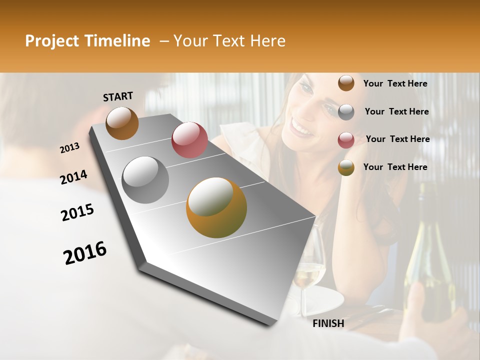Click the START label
(118, 96)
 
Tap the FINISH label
(328, 323)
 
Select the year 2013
(69, 148)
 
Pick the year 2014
(73, 177)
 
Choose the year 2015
(77, 212)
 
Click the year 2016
(84, 252)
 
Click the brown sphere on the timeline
(122, 123)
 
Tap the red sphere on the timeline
(189, 140)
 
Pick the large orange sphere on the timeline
(216, 207)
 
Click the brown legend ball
(346, 83)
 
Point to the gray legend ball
(346, 112)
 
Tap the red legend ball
(346, 140)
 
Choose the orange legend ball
(346, 167)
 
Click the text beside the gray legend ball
(396, 111)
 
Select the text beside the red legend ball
(397, 139)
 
